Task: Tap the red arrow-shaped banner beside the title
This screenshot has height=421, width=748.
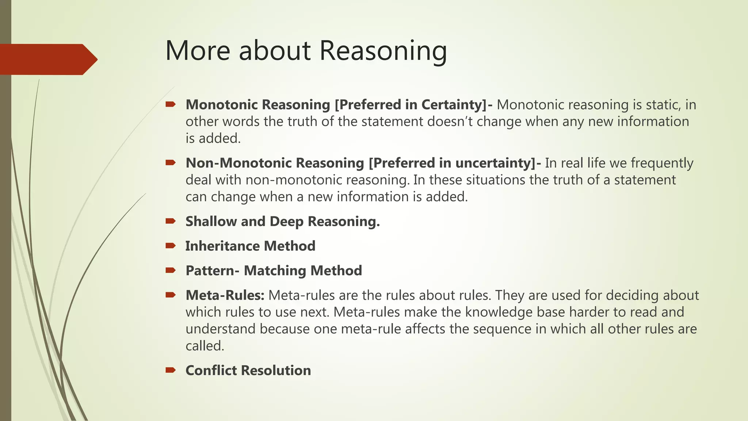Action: (47, 59)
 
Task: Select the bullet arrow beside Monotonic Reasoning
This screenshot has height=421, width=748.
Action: (170, 105)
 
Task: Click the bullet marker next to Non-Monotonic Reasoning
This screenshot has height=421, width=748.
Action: (170, 163)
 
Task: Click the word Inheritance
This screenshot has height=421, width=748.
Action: (222, 246)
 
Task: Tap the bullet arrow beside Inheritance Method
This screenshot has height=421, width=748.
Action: (170, 246)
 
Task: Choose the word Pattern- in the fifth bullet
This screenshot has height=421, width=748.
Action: (212, 271)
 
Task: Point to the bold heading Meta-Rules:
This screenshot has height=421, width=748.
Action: (225, 295)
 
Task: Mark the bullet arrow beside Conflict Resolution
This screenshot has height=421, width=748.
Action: (170, 370)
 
